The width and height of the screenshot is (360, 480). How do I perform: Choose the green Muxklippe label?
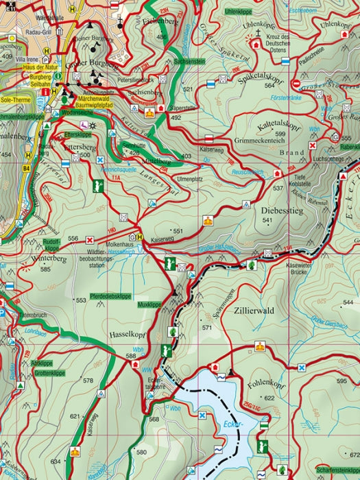click(149, 303)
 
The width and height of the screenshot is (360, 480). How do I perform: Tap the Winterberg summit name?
click(48, 259)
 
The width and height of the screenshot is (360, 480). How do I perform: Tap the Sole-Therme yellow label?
click(16, 99)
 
